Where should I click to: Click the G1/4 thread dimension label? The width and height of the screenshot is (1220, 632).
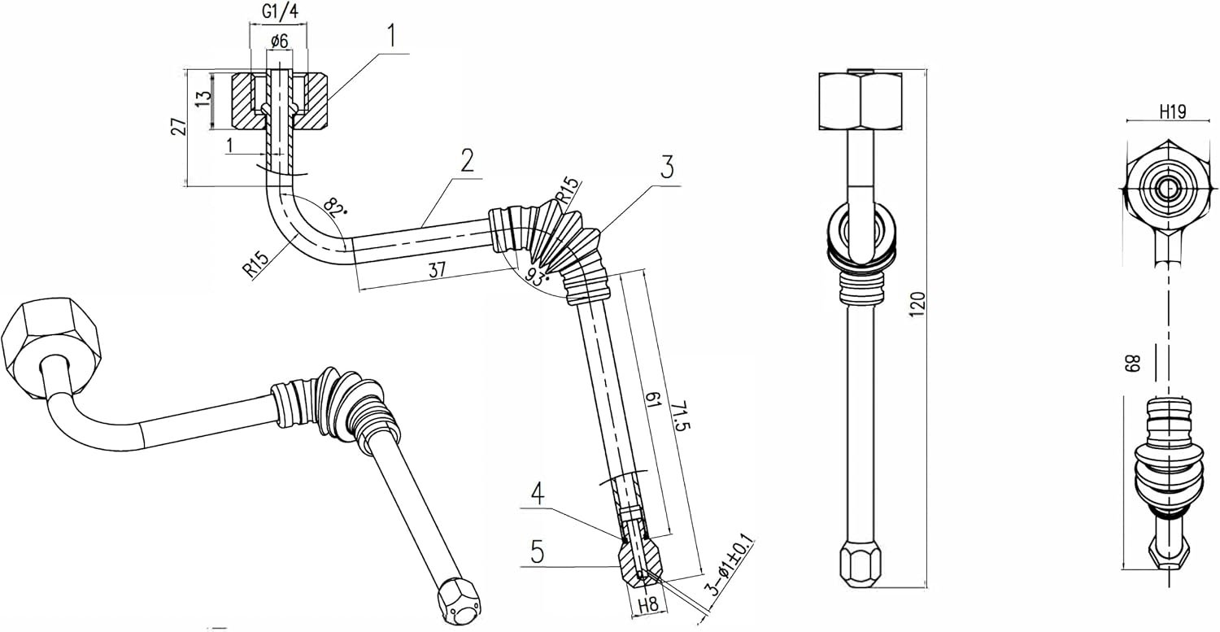(x=281, y=12)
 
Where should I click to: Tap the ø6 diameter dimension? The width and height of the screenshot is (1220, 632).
(x=279, y=41)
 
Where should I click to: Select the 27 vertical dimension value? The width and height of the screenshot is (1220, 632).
(x=179, y=127)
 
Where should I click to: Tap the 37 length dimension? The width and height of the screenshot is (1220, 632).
(x=437, y=270)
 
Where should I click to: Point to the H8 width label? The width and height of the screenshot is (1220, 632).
(x=648, y=604)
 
